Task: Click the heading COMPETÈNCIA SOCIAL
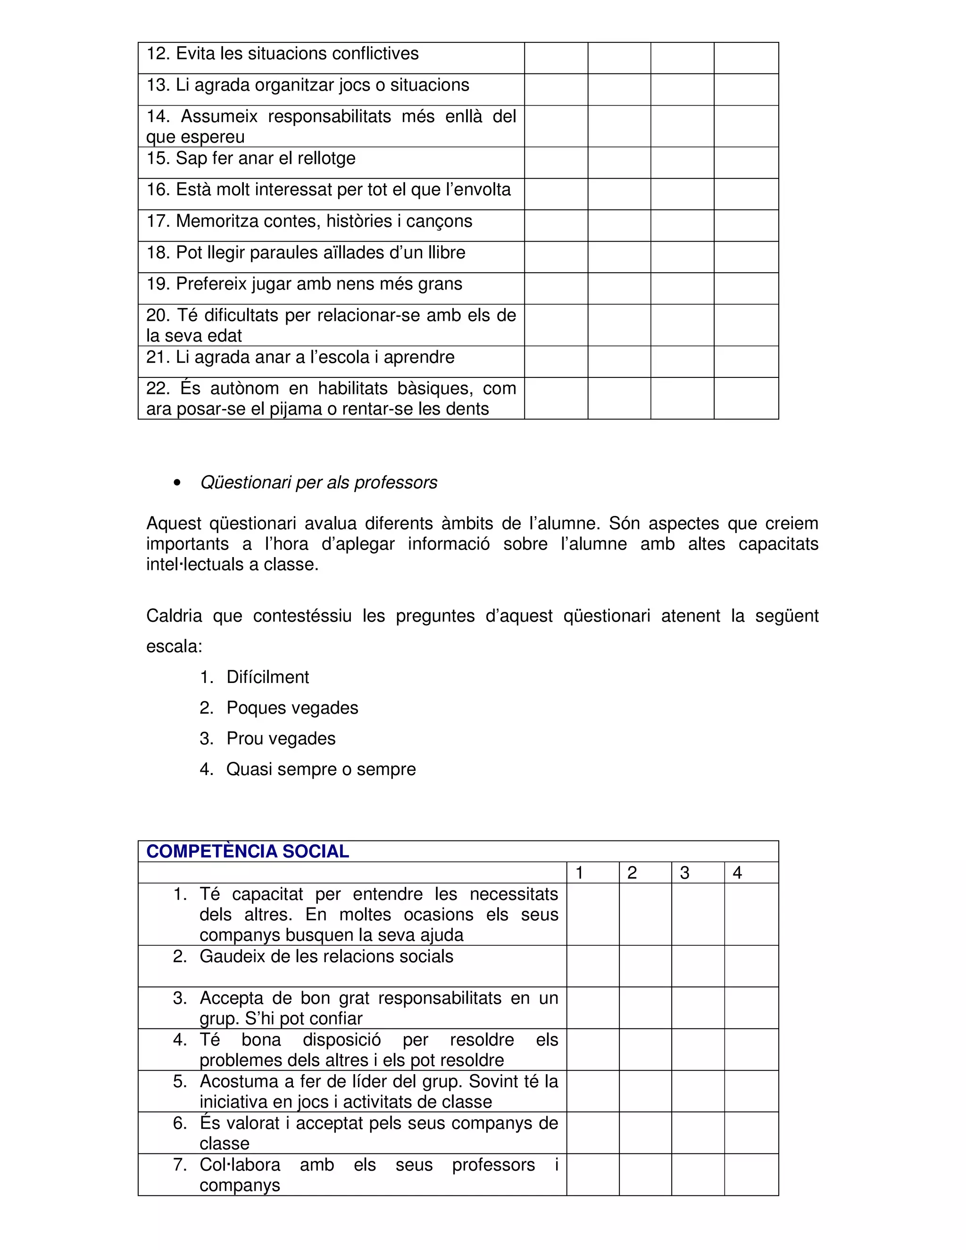point(247,851)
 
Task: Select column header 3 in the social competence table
point(684,873)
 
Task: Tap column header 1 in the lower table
point(579,873)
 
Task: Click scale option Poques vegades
point(292,708)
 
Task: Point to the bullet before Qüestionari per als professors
point(177,483)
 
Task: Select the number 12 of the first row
point(158,54)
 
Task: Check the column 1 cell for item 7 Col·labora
point(593,1175)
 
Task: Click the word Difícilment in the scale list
point(267,677)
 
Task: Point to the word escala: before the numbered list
point(174,647)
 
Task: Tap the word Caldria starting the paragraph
point(174,617)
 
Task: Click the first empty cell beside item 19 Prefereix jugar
point(556,289)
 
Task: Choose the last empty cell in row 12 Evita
point(746,58)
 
